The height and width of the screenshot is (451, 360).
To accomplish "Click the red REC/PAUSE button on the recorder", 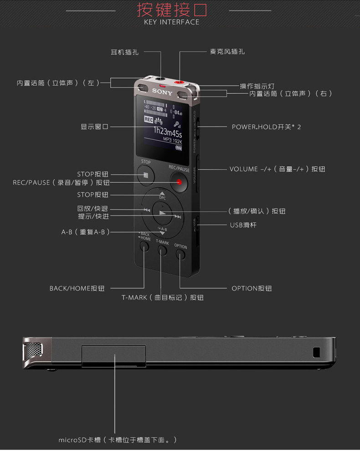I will tap(179, 182).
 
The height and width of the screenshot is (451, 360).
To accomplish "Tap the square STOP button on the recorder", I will tap(145, 175).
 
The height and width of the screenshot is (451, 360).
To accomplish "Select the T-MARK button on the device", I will tap(162, 250).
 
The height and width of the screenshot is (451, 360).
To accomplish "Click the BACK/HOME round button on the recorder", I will tap(144, 246).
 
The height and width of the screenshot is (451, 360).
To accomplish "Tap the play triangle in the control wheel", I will tap(163, 212).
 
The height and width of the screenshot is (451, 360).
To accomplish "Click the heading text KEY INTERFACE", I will tap(171, 22).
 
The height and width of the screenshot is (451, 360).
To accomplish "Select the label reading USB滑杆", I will tap(243, 225).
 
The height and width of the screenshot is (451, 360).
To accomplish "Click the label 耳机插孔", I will tap(125, 52).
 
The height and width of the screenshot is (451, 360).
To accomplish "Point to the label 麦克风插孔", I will tap(227, 52).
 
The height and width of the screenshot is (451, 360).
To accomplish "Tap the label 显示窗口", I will tap(95, 127).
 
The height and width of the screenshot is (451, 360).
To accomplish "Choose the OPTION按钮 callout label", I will tap(252, 288).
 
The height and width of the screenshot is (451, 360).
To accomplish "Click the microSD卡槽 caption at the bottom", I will tap(118, 440).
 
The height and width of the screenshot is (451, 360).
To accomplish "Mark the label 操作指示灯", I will tap(257, 86).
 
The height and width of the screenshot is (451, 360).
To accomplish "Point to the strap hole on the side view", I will tap(316, 352).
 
